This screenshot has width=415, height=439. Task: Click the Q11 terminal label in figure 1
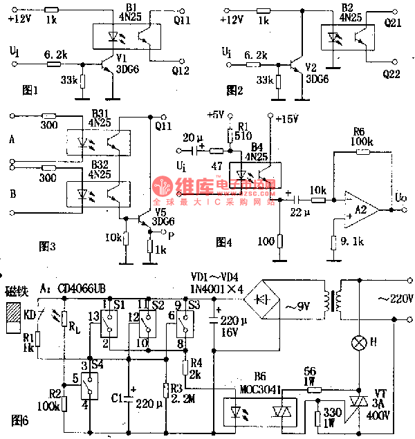tap(183, 21)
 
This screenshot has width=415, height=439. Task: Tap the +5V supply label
tap(216, 114)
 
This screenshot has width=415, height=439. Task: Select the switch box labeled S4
tap(89, 383)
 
